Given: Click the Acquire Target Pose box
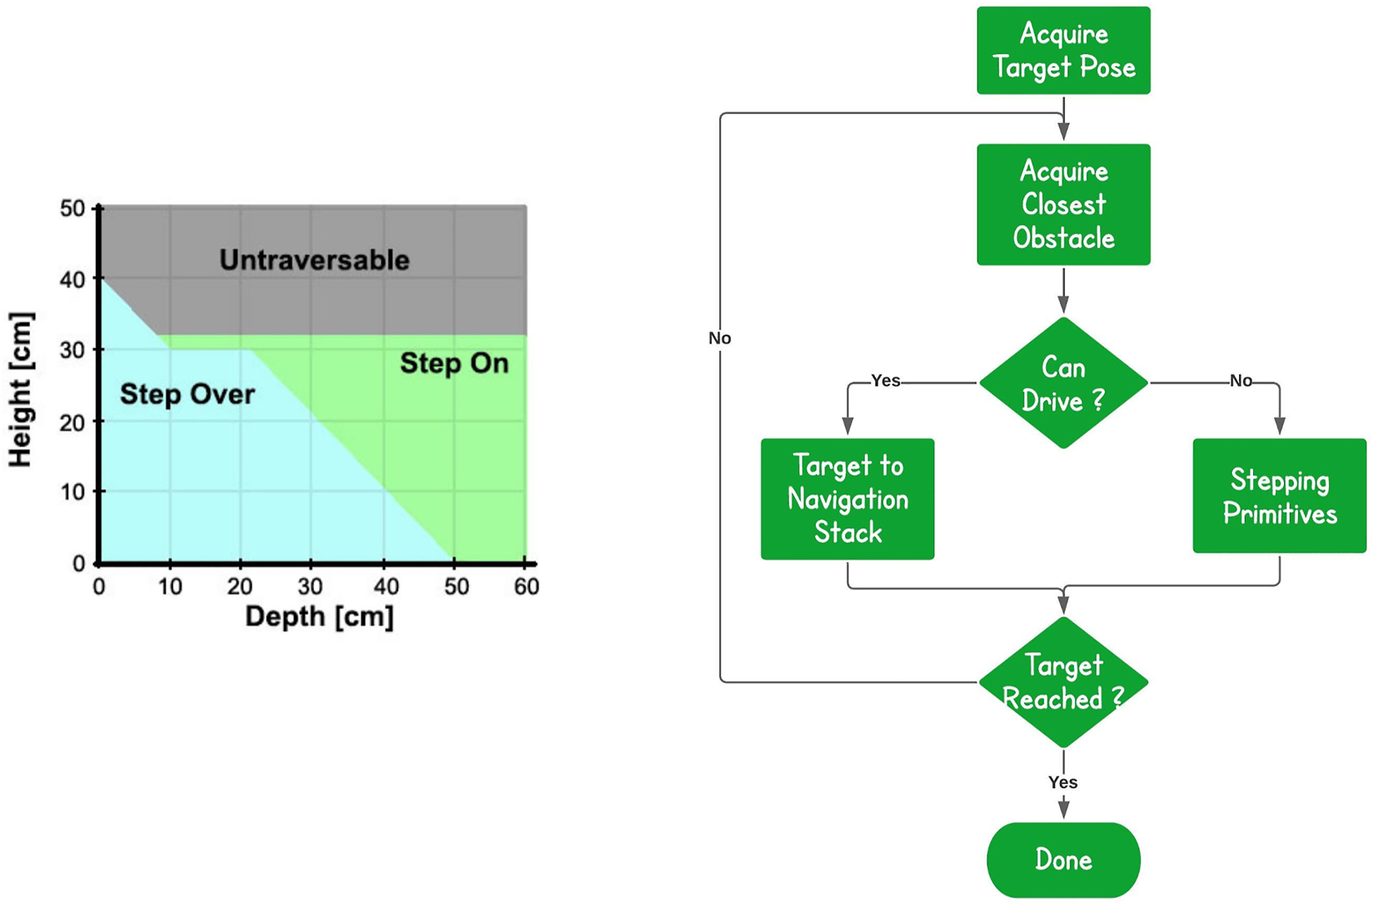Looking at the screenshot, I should (x=1063, y=51).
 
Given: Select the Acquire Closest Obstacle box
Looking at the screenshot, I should (x=1063, y=205).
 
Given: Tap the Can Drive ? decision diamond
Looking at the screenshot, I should (x=1063, y=384).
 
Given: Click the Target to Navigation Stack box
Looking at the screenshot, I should (x=848, y=499).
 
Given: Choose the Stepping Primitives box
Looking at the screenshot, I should (x=1279, y=497).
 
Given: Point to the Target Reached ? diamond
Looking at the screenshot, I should (x=1063, y=682).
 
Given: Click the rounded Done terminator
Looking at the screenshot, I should (x=1063, y=860).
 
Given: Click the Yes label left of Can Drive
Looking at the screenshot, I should (x=885, y=381).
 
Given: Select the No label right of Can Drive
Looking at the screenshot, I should (x=1241, y=381).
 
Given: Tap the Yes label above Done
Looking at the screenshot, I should (x=1062, y=782).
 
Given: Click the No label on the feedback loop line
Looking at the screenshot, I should (x=719, y=338).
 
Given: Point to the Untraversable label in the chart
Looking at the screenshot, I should (x=314, y=260).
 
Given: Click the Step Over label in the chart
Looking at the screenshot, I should (x=187, y=394).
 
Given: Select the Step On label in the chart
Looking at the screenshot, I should (x=454, y=364).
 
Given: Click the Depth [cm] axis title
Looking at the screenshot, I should (x=319, y=617).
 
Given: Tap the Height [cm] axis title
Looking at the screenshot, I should (x=20, y=389).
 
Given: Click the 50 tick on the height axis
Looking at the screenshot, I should (x=73, y=209).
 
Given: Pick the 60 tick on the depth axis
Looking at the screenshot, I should (x=526, y=587).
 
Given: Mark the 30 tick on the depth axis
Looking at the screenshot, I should (x=311, y=587).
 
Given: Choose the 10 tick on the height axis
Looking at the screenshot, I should (x=73, y=492).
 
